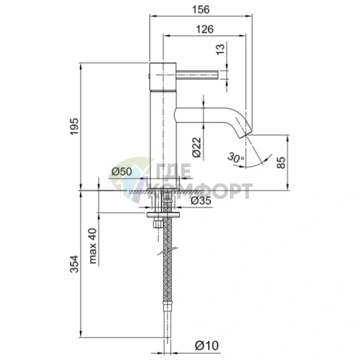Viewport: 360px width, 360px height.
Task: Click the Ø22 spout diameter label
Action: tap(197, 148)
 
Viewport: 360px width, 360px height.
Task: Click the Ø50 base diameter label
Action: tap(120, 171)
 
